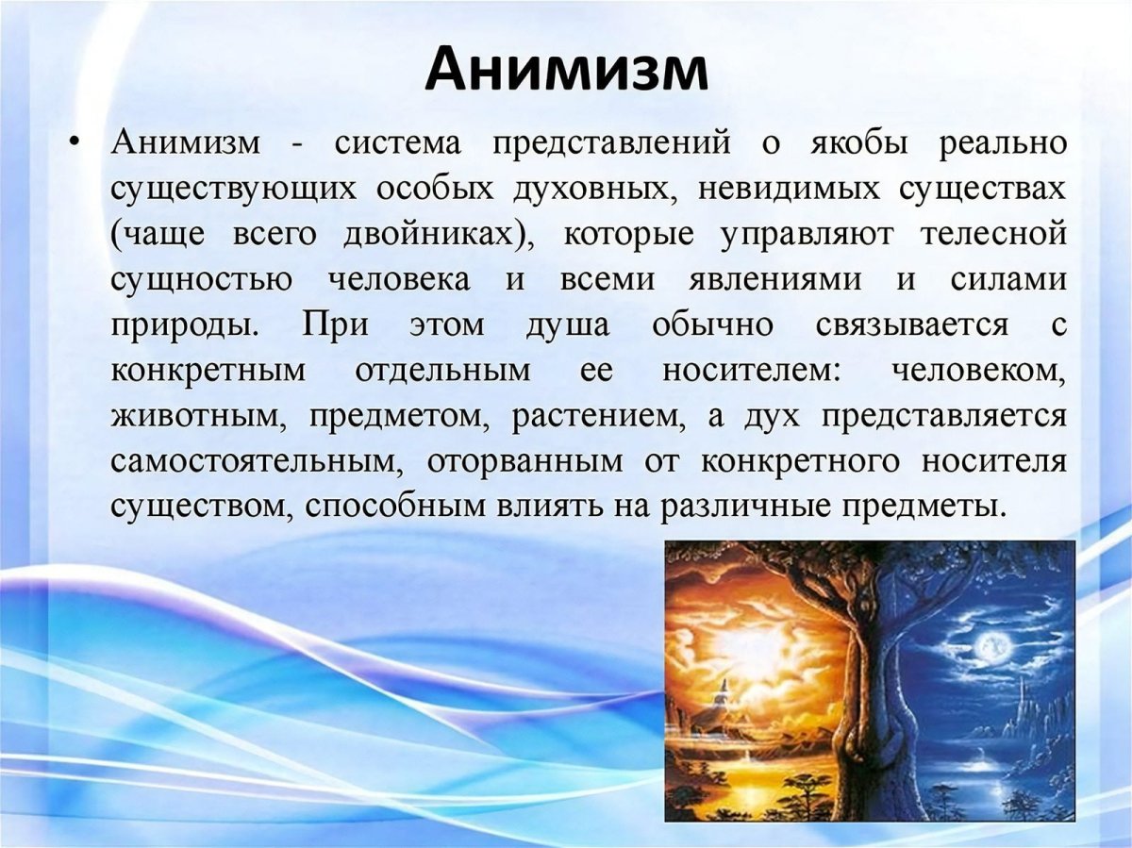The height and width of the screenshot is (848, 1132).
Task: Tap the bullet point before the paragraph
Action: (x=75, y=143)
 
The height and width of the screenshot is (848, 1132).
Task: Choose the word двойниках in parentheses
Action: (x=437, y=233)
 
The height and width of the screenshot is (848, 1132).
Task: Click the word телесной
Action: (x=997, y=233)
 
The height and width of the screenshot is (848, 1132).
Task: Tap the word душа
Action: (x=564, y=324)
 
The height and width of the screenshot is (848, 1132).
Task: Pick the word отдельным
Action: (x=442, y=370)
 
